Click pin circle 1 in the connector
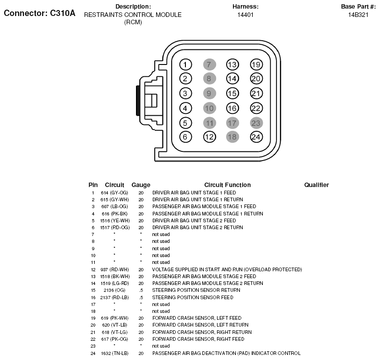185,64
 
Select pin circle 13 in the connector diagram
233,64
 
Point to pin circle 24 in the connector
256,136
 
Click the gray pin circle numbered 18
233,136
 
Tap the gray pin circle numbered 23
256,123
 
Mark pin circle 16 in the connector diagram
233,108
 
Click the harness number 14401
245,15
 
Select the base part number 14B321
358,15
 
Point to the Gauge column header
141,185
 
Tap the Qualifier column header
316,185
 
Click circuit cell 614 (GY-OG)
114,193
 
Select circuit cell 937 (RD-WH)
114,269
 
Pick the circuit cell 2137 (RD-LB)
114,297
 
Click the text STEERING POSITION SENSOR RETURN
196,290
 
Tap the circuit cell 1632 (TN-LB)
114,353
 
